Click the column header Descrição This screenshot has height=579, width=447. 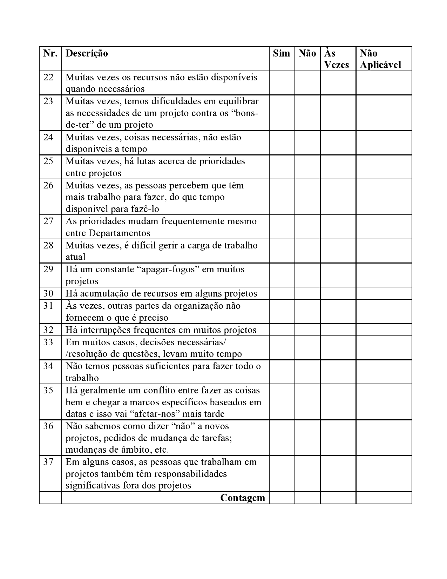click(87, 53)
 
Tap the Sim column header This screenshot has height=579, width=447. click(282, 53)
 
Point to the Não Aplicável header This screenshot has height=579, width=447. click(380, 59)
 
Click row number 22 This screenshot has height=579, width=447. click(48, 77)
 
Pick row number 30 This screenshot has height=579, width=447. click(48, 293)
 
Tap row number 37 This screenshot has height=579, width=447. click(48, 462)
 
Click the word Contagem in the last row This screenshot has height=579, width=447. click(243, 498)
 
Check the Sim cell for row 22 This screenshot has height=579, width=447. click(282, 83)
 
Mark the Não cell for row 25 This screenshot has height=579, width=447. click(307, 167)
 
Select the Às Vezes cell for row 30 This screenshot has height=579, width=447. click(338, 293)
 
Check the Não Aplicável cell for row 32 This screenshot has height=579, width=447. click(384, 330)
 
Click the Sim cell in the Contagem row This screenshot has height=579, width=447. click(282, 498)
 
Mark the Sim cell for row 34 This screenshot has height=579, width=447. click(282, 372)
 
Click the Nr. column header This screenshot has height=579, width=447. click(50, 53)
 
